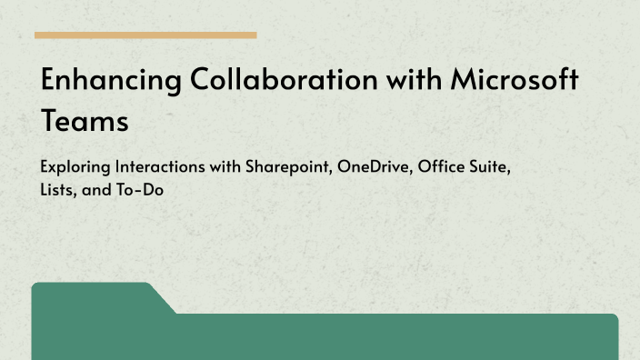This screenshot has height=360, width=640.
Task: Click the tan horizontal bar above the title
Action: coord(145,35)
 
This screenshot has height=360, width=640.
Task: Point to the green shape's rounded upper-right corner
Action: coord(614,318)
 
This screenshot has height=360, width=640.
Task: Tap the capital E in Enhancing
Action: coord(51,81)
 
